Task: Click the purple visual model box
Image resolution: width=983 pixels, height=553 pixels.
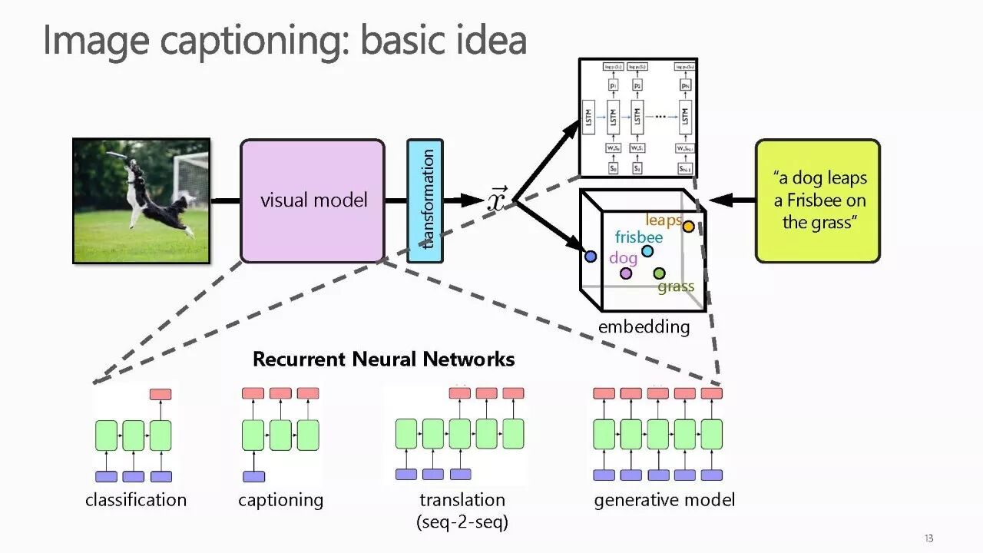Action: (x=313, y=200)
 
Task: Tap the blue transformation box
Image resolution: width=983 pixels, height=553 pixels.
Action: (x=425, y=200)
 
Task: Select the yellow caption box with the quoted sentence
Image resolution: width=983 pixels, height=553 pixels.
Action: (x=818, y=200)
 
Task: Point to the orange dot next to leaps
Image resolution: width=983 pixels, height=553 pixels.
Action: (x=688, y=227)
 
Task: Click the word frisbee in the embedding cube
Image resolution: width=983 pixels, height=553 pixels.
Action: (x=638, y=237)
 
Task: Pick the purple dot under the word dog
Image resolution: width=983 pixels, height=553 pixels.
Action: (x=626, y=273)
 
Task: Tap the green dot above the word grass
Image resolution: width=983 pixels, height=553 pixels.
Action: (x=659, y=273)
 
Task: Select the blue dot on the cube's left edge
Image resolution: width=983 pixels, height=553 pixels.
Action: (x=591, y=257)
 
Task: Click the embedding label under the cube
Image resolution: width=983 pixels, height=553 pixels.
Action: (x=644, y=327)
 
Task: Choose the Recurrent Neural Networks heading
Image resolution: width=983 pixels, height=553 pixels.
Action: (x=383, y=359)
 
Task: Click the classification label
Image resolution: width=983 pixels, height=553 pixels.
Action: (x=136, y=500)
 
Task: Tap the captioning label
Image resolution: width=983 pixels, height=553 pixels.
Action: (x=280, y=500)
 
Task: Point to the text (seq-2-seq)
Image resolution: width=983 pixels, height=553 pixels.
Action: (x=462, y=523)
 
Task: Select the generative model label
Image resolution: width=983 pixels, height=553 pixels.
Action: (x=664, y=500)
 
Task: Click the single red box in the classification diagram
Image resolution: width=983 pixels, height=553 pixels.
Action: (x=161, y=394)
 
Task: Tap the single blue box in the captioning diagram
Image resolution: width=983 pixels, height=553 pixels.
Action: (x=253, y=476)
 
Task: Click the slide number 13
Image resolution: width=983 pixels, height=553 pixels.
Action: (x=928, y=538)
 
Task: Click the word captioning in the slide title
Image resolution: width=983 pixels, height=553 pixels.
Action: (x=253, y=40)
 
